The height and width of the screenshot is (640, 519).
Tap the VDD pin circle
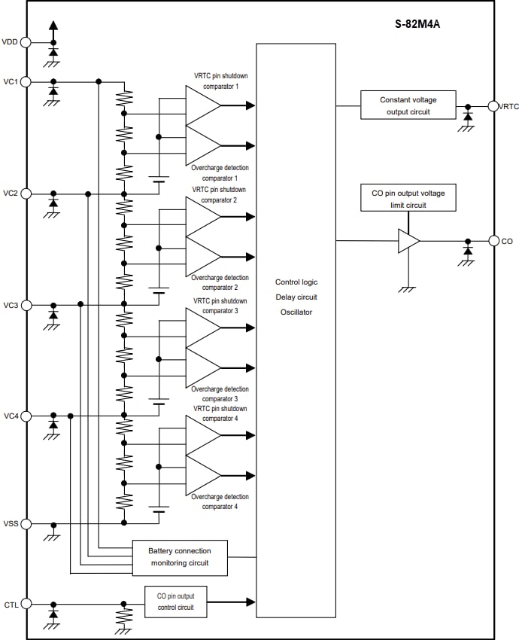[26, 42]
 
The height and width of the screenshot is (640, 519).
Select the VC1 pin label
[11, 81]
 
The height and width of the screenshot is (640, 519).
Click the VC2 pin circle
[26, 194]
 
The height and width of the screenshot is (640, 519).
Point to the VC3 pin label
[11, 305]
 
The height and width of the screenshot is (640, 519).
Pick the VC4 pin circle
[26, 416]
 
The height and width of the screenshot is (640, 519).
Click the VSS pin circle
[26, 523]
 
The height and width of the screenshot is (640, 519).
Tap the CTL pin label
[11, 603]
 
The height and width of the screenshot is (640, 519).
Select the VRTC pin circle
[493, 106]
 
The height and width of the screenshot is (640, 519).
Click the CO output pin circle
[493, 241]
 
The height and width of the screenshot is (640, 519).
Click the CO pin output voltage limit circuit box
[408, 199]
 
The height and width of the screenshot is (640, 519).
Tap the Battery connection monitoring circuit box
[180, 556]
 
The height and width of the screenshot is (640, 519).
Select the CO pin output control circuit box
[175, 602]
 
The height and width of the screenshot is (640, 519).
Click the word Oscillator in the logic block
[296, 312]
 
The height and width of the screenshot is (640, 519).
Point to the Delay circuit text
[296, 297]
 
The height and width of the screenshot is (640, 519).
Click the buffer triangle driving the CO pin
[408, 241]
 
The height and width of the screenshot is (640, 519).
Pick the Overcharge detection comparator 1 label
[220, 172]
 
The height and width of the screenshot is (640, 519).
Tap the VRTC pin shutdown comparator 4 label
[220, 413]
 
